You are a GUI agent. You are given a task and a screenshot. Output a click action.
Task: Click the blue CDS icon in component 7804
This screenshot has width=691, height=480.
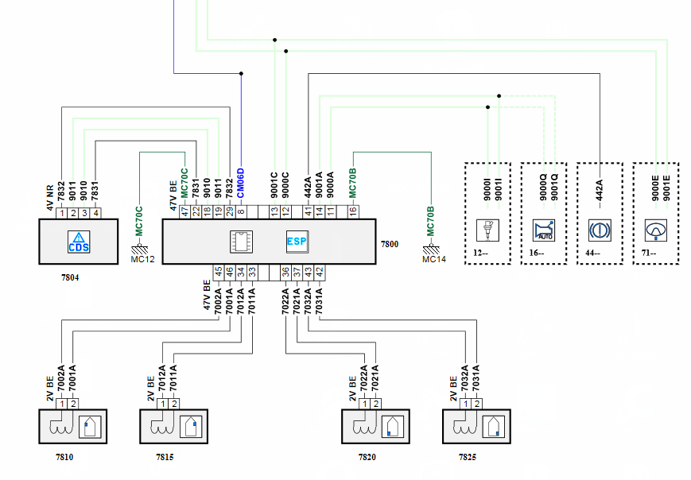tap(79, 242)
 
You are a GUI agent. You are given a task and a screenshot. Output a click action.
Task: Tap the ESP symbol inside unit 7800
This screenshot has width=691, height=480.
tap(297, 242)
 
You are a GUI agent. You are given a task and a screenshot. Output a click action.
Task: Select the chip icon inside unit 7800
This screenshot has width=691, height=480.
tap(240, 242)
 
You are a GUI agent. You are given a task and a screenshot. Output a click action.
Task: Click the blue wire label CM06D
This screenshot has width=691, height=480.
tap(241, 184)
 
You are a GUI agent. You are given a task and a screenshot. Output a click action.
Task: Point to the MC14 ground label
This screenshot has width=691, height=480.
tap(435, 259)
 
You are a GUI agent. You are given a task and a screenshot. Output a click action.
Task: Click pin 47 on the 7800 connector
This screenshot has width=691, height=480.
tap(184, 212)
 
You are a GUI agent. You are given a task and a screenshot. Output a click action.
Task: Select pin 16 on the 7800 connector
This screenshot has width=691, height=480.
tap(352, 212)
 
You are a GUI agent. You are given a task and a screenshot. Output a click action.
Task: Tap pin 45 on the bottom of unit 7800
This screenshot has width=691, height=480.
tap(218, 272)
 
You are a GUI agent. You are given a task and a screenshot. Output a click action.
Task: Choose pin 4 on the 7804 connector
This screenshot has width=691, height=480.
tap(95, 212)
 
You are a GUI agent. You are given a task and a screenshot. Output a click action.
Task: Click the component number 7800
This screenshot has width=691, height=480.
tap(390, 246)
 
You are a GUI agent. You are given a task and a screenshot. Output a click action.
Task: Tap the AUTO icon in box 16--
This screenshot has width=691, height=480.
tap(545, 230)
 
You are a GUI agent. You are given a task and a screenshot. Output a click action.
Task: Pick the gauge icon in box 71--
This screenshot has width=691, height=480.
tap(656, 230)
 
